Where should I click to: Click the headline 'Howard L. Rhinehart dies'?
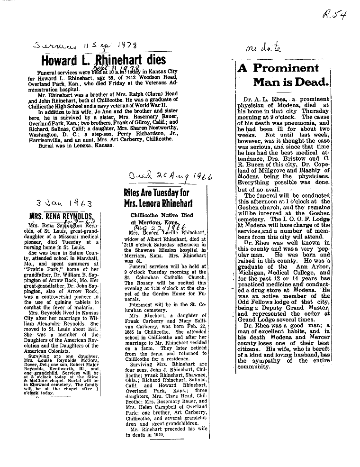(103, 60)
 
